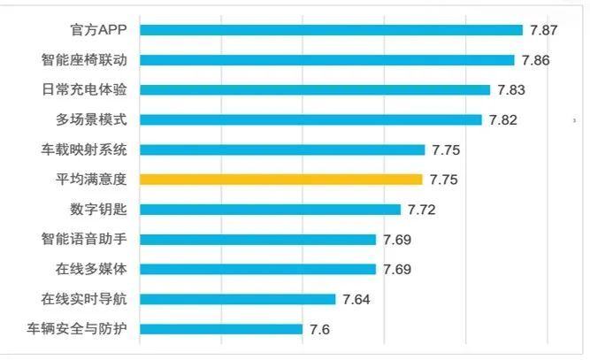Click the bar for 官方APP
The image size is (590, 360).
click(x=331, y=30)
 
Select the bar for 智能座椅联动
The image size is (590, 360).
click(x=326, y=60)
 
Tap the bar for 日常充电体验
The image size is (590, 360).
click(x=315, y=89)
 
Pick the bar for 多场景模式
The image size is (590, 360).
click(x=310, y=119)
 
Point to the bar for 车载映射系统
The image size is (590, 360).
click(x=282, y=149)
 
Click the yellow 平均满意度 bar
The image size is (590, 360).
click(x=281, y=180)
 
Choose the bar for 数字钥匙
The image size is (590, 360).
click(x=270, y=210)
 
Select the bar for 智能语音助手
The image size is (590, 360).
click(x=257, y=239)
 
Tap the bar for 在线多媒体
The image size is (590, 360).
click(x=257, y=269)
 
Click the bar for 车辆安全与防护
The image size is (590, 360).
click(x=221, y=329)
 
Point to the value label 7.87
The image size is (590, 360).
click(x=543, y=30)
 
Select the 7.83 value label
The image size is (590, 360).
click(x=510, y=89)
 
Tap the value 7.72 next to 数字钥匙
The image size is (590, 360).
click(x=422, y=210)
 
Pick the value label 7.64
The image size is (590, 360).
click(x=356, y=299)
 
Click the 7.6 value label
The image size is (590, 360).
click(x=319, y=329)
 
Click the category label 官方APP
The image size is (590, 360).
click(x=99, y=30)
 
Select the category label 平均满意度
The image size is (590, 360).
click(x=91, y=180)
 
